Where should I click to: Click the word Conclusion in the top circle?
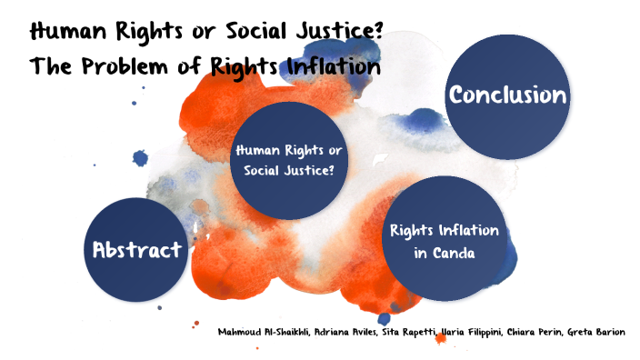pyautogui.click(x=507, y=95)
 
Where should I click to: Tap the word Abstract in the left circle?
pyautogui.click(x=137, y=250)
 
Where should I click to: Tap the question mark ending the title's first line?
pyautogui.click(x=374, y=33)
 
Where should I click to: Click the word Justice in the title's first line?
pyautogui.click(x=328, y=33)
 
